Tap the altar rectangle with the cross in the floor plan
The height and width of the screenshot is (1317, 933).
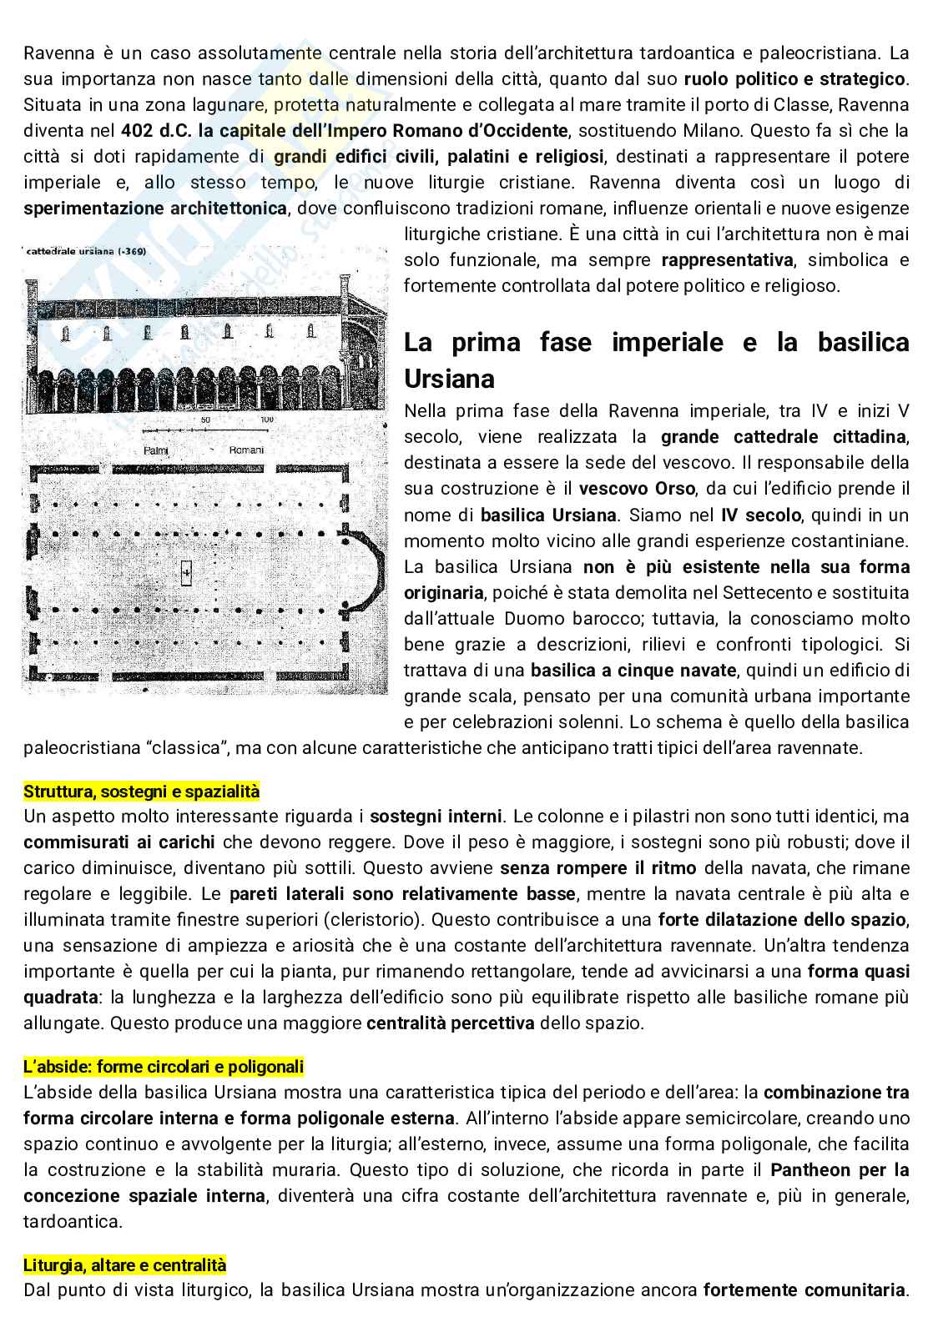point(186,571)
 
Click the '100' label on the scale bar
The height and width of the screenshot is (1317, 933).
point(266,420)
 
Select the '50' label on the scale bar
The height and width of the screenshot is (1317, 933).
point(205,420)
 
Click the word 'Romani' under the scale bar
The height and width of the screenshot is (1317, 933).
point(246,450)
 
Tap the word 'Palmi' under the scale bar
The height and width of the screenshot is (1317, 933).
point(156,450)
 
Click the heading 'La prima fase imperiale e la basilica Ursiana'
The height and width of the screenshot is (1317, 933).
point(656,359)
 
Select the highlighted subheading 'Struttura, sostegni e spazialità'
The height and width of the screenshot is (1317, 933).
point(142,791)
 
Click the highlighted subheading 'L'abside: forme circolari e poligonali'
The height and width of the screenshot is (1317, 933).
point(164,1066)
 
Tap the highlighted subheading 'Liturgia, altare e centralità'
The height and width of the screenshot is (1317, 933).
point(124,1264)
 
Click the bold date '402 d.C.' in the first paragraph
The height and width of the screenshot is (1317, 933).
point(156,131)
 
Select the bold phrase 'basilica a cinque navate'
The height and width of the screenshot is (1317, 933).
point(633,671)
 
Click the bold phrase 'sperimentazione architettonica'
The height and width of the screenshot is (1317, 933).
point(155,209)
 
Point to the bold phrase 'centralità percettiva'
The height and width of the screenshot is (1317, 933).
point(451,1023)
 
